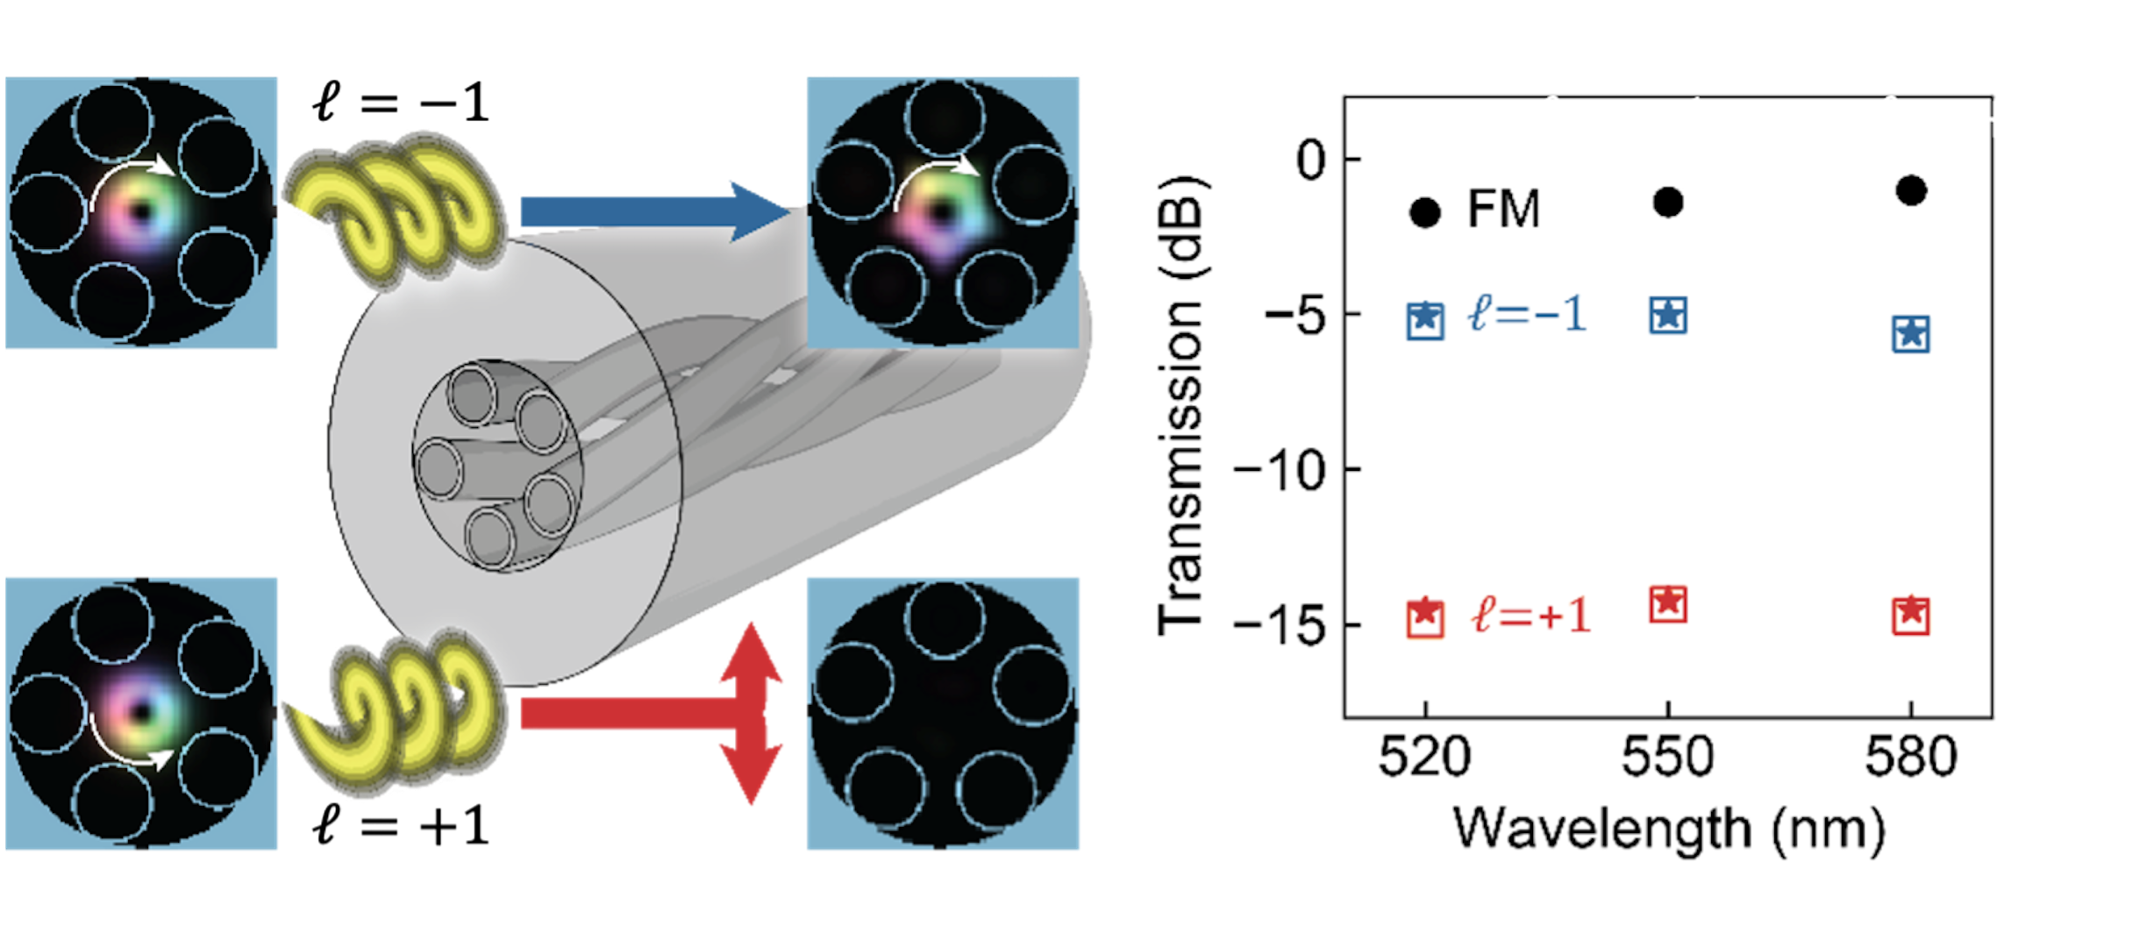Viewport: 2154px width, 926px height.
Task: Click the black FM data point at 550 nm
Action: pyautogui.click(x=1668, y=203)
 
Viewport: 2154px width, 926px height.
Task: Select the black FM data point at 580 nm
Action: pyautogui.click(x=1911, y=190)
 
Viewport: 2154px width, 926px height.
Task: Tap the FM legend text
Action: pyautogui.click(x=1503, y=210)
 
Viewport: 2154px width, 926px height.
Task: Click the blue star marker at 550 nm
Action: pyautogui.click(x=1668, y=315)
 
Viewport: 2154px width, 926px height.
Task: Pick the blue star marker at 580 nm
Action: pyautogui.click(x=1911, y=334)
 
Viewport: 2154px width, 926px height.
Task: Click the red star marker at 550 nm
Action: pyautogui.click(x=1668, y=604)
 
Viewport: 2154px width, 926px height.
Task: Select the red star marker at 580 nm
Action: pyautogui.click(x=1911, y=615)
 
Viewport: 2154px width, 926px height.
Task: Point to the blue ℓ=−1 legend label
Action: pyautogui.click(x=1527, y=315)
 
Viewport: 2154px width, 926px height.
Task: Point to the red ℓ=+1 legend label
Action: pyautogui.click(x=1530, y=616)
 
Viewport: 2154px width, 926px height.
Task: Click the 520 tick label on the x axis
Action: pyautogui.click(x=1424, y=757)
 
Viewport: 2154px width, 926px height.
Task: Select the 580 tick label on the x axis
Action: pyautogui.click(x=1911, y=757)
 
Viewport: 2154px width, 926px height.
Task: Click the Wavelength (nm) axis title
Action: pyautogui.click(x=1668, y=829)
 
